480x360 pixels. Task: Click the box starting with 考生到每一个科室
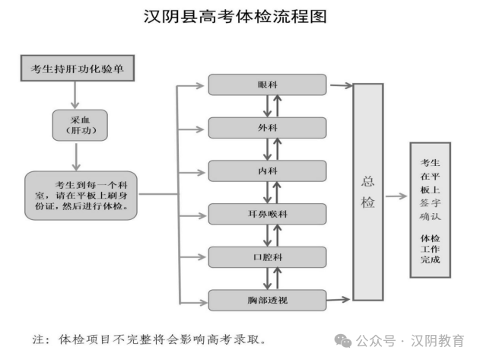(81, 195)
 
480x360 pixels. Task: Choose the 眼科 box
(267, 84)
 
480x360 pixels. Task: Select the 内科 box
(267, 170)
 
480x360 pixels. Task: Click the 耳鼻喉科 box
(267, 214)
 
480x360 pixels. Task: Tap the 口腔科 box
(267, 256)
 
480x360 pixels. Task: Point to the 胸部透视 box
(267, 300)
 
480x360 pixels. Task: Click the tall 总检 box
(368, 191)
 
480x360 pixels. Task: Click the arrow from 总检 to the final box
(396, 196)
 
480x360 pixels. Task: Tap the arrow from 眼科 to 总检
(340, 84)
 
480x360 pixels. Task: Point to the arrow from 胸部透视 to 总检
(340, 298)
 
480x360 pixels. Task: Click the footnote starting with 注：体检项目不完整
(149, 339)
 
